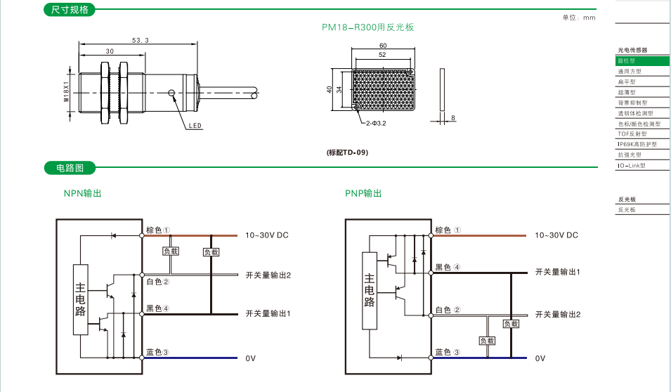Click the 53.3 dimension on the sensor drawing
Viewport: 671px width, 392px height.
141,40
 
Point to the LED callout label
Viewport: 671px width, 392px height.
195,126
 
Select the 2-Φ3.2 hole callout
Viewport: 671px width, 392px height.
376,123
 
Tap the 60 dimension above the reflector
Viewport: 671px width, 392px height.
383,46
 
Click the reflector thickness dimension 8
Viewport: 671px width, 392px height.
454,117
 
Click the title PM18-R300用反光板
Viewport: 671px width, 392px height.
368,27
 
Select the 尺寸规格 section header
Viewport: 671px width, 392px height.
70,10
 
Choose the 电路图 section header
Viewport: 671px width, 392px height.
70,169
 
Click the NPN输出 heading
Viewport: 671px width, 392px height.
82,193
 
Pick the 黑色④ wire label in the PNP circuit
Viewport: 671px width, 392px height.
448,267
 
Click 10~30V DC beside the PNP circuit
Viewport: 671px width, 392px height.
556,235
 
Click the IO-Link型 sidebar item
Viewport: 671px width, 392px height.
631,165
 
